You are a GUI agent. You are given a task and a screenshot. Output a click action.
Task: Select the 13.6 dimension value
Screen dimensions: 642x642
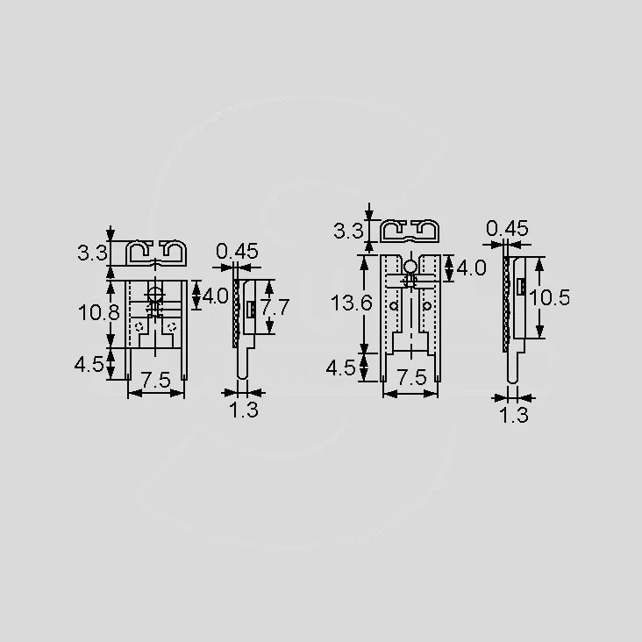[352, 303]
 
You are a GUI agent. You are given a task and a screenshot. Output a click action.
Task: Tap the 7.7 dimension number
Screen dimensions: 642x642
[276, 307]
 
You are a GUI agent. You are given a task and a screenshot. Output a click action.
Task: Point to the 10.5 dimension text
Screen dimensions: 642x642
[549, 297]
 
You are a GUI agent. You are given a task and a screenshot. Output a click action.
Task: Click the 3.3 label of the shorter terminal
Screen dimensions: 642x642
[93, 253]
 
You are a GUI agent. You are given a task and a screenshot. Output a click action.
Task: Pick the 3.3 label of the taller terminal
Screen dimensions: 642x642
[348, 231]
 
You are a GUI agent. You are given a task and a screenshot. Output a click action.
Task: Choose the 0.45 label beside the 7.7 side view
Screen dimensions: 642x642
[237, 252]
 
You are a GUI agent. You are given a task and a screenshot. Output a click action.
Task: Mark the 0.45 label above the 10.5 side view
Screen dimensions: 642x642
[507, 228]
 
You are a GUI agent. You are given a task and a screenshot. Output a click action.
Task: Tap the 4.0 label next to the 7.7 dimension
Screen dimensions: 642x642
[216, 296]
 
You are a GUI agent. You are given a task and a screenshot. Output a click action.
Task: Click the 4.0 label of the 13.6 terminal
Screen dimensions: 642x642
[471, 268]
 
